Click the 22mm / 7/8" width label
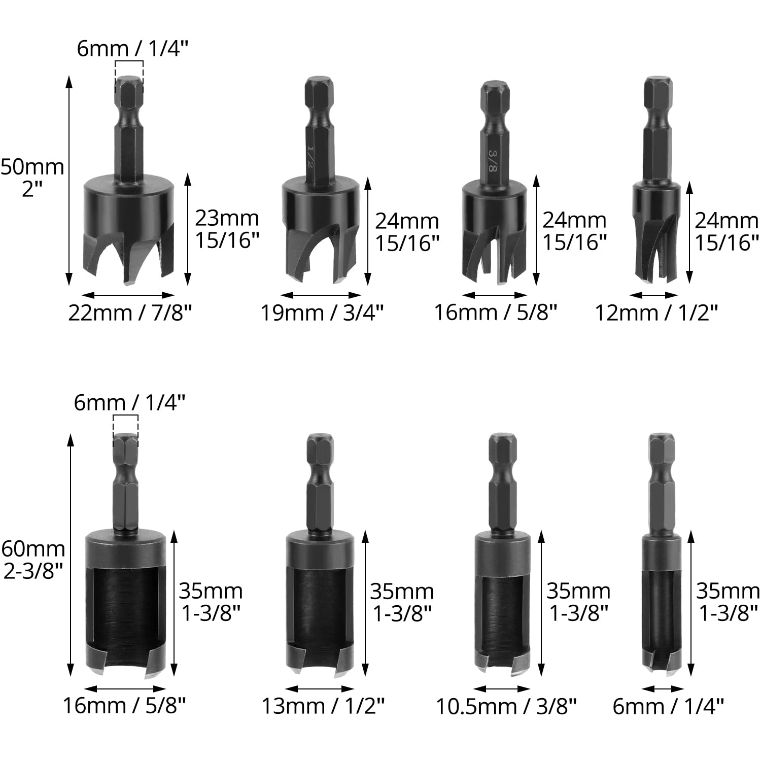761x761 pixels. (130, 313)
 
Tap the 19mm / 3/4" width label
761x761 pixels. (322, 313)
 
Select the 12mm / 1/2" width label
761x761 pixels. (656, 313)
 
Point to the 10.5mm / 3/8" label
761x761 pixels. (506, 706)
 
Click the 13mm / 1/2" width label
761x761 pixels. (323, 706)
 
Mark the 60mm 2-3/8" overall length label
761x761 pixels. (33, 560)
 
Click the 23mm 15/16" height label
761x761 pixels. (227, 229)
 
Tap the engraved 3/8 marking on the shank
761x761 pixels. (492, 160)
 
